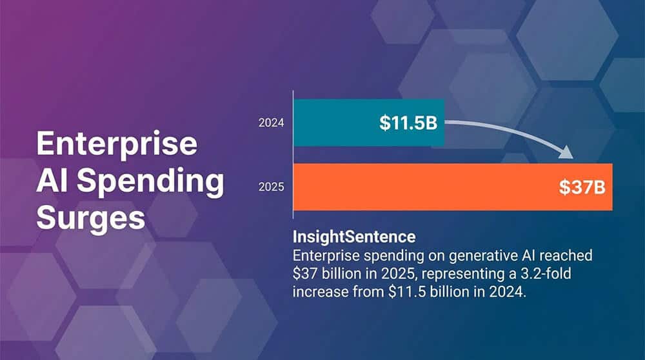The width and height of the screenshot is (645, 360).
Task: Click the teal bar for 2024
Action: [369, 123]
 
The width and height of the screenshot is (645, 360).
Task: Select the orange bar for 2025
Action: [453, 187]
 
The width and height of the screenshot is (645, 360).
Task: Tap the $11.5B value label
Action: [408, 123]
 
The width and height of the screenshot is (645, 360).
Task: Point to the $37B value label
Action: [582, 187]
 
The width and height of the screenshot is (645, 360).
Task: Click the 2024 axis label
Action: [271, 123]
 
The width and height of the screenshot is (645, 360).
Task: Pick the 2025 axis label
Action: [271, 187]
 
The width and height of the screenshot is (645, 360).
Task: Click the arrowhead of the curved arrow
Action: [566, 152]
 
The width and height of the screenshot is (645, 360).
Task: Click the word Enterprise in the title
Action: [117, 143]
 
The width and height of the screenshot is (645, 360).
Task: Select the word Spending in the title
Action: [150, 181]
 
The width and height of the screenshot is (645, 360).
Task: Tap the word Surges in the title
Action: [90, 218]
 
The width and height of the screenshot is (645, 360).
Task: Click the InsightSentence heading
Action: [354, 237]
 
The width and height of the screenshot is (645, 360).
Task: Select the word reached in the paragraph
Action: [566, 255]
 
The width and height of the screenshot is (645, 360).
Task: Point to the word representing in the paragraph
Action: [459, 274]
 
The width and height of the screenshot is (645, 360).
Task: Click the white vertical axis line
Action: [293, 154]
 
